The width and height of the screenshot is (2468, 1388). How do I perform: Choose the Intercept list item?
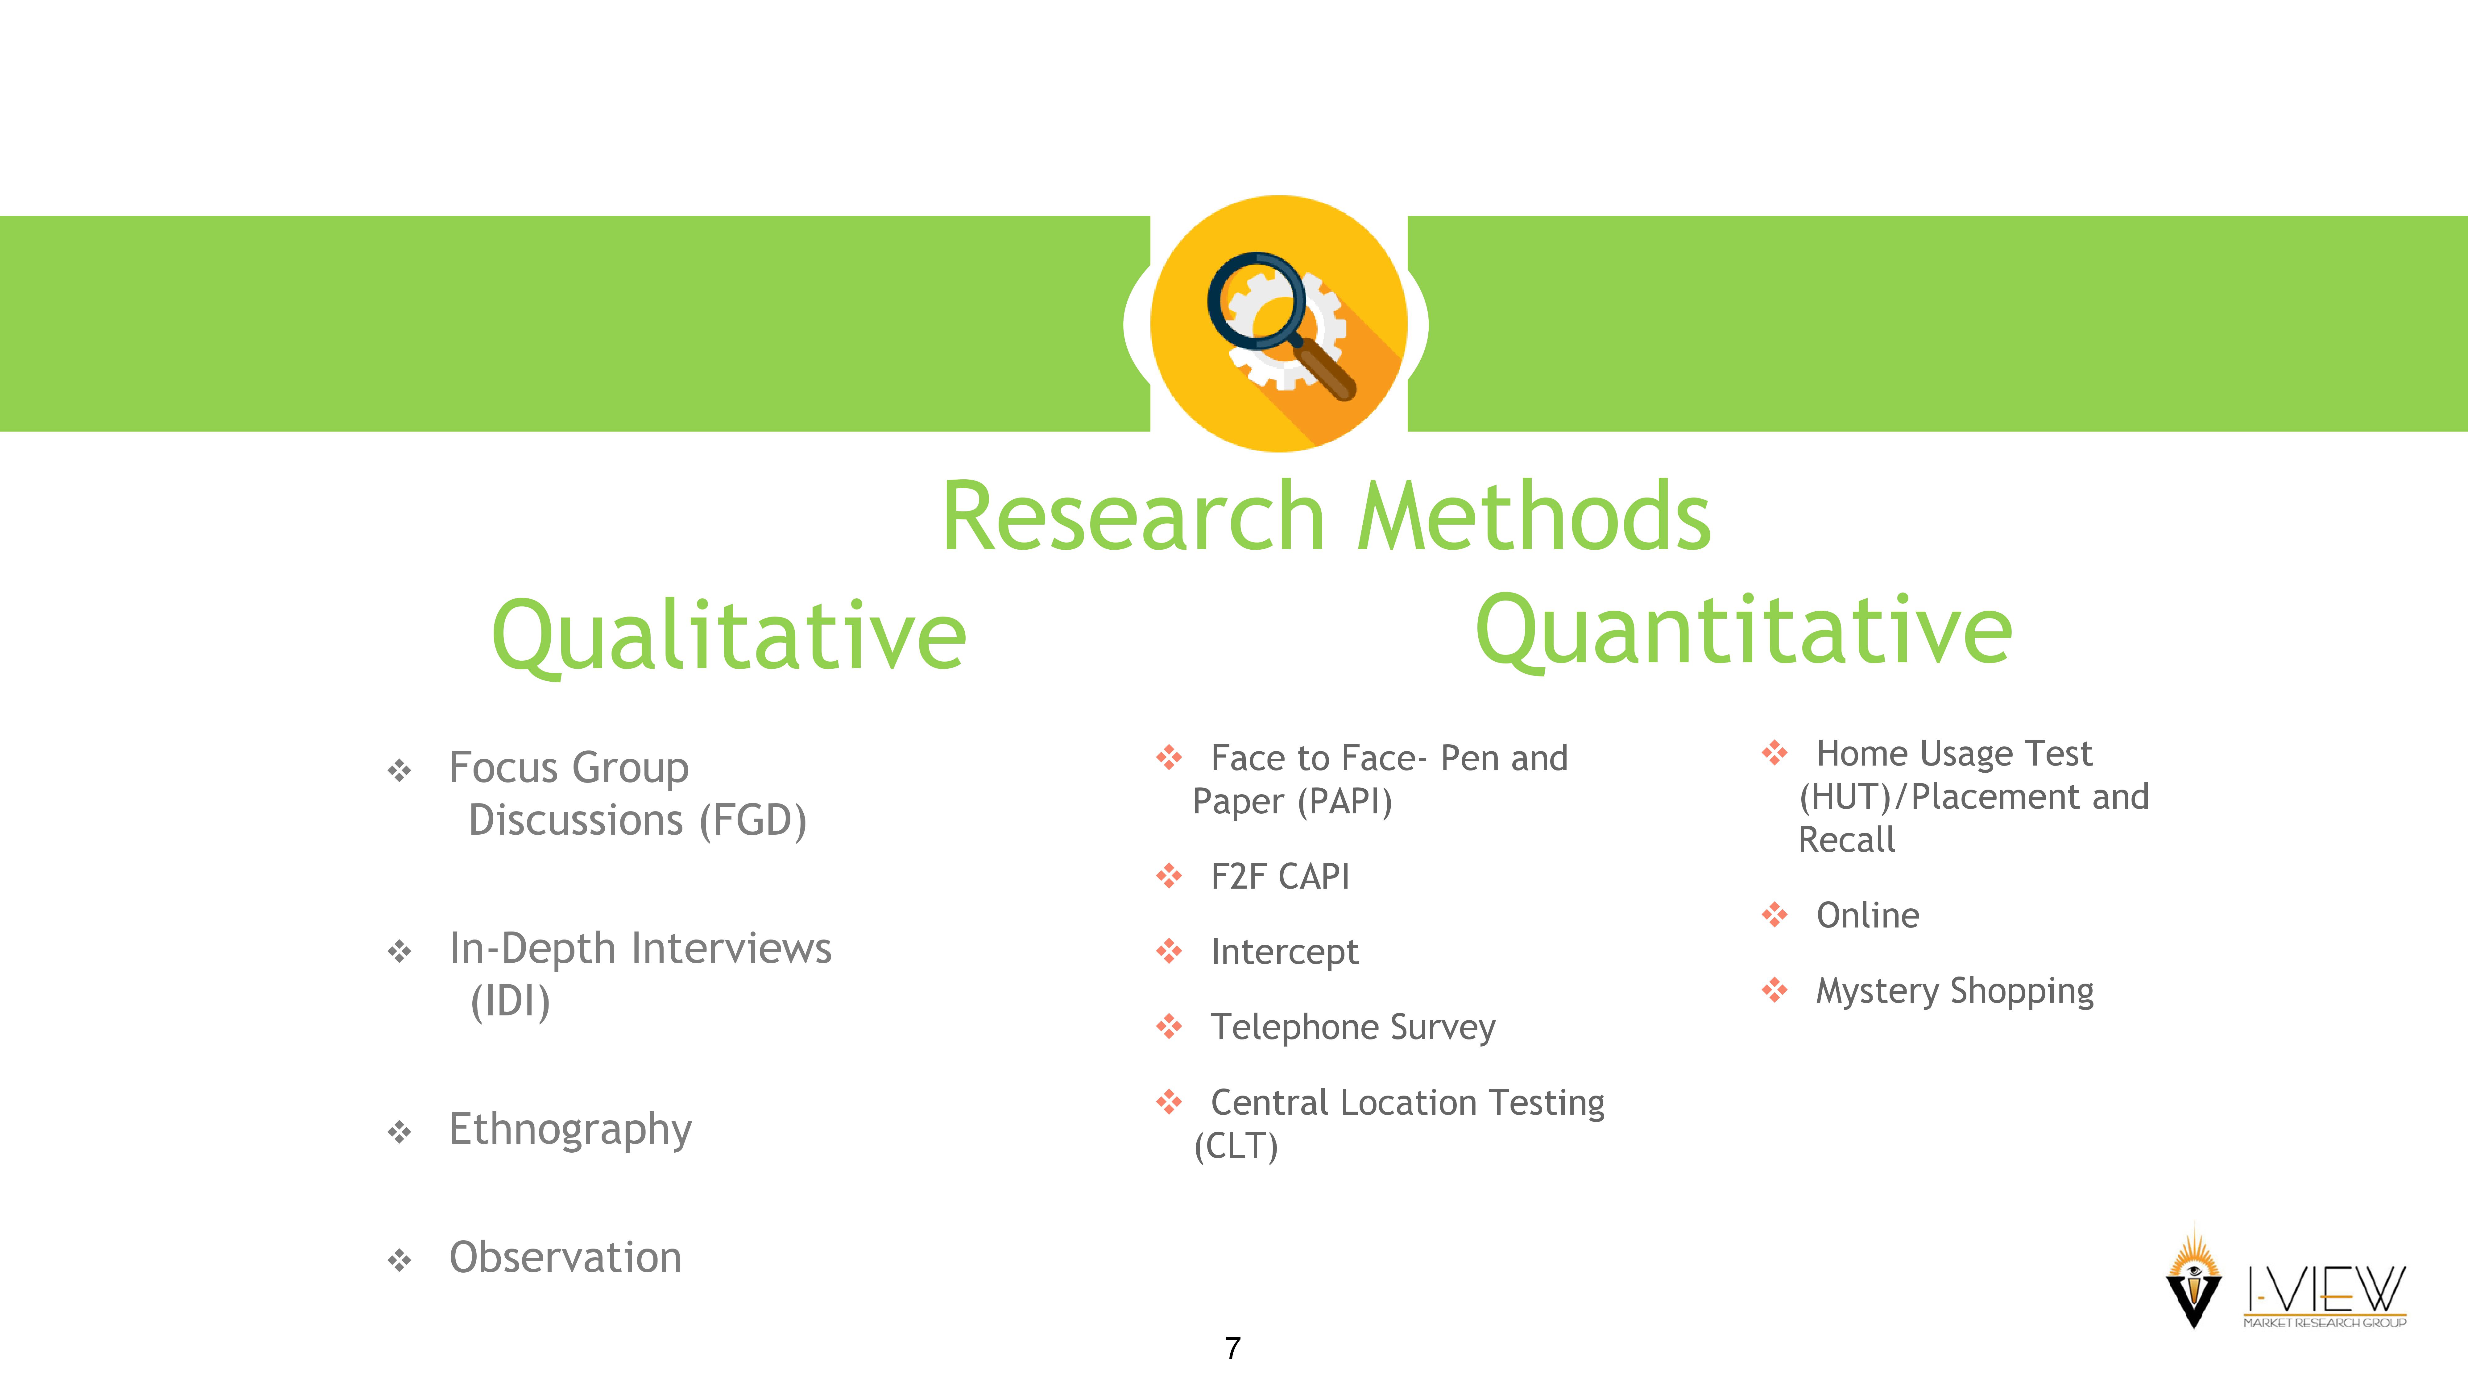1285,952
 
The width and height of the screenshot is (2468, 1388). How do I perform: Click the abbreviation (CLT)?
1236,1146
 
